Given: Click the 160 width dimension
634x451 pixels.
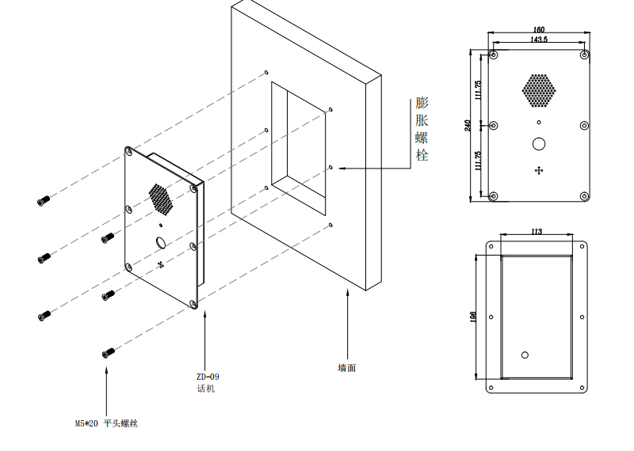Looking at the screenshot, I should tap(539, 30).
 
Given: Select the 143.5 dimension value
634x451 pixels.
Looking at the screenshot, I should tap(539, 39).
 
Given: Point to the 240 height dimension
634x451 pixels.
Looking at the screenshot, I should tap(468, 124).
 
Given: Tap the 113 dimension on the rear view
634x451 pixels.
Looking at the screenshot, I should tap(536, 232).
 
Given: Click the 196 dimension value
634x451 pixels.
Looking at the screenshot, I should tap(473, 316).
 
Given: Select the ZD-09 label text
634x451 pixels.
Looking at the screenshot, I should tap(208, 377).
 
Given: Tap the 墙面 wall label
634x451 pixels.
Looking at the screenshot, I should tap(346, 368).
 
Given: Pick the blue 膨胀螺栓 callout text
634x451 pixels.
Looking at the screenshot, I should tap(422, 129).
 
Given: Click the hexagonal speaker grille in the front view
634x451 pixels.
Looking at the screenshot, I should tap(538, 90).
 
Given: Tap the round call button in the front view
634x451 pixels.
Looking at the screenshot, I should tap(539, 144).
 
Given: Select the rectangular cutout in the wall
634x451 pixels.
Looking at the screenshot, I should tap(298, 146).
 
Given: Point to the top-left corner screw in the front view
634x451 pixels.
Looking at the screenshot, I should tap(495, 55).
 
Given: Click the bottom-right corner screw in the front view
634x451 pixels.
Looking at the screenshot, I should tap(584, 195).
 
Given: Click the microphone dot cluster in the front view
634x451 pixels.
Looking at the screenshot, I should tap(539, 170).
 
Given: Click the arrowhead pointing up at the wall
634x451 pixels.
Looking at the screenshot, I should tap(346, 293).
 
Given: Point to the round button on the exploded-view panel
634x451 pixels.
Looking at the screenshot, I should tap(159, 243).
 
